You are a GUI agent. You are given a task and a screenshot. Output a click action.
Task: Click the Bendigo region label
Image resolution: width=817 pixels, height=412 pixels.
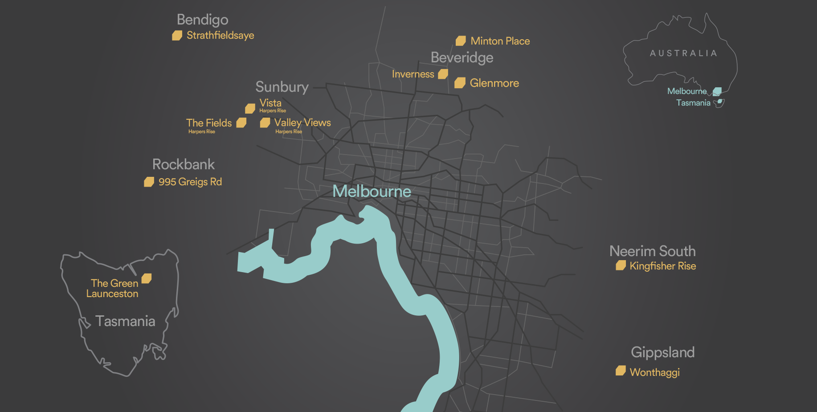(x=202, y=20)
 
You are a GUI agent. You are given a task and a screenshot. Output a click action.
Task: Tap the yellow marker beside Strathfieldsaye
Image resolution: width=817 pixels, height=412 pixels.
(x=177, y=36)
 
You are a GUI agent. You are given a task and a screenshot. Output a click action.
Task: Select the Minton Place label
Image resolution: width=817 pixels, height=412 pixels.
(x=500, y=41)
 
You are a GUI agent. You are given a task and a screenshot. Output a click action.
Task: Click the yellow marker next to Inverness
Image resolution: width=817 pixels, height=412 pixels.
(x=443, y=74)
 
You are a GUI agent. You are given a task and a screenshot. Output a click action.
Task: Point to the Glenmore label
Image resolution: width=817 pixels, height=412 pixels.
(x=494, y=83)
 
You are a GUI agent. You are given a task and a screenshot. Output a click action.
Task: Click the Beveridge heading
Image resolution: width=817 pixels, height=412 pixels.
(x=462, y=58)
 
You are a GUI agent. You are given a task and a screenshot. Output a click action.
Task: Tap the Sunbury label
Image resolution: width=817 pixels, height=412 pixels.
(x=282, y=87)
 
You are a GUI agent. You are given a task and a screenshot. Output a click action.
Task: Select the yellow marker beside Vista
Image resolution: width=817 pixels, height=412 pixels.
(x=250, y=109)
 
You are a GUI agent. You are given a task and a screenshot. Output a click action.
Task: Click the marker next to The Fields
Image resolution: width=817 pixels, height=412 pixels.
(x=241, y=123)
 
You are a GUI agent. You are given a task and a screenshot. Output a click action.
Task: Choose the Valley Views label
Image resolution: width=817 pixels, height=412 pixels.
(x=302, y=123)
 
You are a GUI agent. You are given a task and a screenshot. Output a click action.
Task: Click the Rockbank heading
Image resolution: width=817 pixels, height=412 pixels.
(x=183, y=164)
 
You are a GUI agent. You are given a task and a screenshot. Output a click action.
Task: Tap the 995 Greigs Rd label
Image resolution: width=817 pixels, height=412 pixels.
(x=190, y=182)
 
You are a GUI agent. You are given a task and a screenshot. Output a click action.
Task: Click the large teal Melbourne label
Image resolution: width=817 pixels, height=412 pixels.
(x=372, y=192)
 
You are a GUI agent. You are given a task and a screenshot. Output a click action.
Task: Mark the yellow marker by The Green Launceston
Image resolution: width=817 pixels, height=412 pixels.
(x=147, y=279)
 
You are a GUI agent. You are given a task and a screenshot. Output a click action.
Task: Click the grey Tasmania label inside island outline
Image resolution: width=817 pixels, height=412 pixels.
(x=125, y=321)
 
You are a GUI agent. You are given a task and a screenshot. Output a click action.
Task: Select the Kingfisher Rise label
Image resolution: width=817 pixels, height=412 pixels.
(x=662, y=266)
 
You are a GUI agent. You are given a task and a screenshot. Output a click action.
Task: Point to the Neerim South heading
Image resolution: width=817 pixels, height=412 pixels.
(x=652, y=251)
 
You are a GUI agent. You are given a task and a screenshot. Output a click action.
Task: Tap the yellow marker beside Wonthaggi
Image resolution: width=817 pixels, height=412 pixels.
(x=621, y=371)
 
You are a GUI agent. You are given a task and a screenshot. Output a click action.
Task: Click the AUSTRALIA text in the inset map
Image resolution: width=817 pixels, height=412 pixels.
(x=683, y=53)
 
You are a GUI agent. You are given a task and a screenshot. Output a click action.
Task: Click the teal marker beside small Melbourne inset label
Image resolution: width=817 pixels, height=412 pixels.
(x=717, y=92)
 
